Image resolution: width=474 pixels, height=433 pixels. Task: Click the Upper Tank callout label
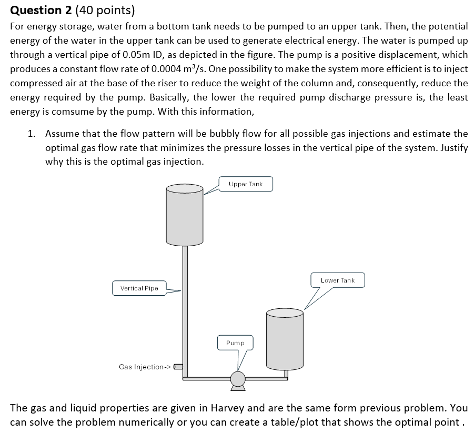[x=246, y=184]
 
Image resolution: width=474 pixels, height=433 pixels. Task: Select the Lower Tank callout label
[x=338, y=280]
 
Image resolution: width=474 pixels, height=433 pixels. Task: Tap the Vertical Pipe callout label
[x=139, y=288]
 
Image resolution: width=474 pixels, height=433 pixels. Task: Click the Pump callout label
[x=235, y=343]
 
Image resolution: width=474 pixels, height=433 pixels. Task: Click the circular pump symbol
[x=238, y=378]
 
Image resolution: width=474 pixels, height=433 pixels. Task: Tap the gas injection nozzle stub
[x=178, y=367]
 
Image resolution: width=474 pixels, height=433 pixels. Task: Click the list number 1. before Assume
[x=32, y=134]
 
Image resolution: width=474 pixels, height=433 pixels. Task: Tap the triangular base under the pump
[x=238, y=388]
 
